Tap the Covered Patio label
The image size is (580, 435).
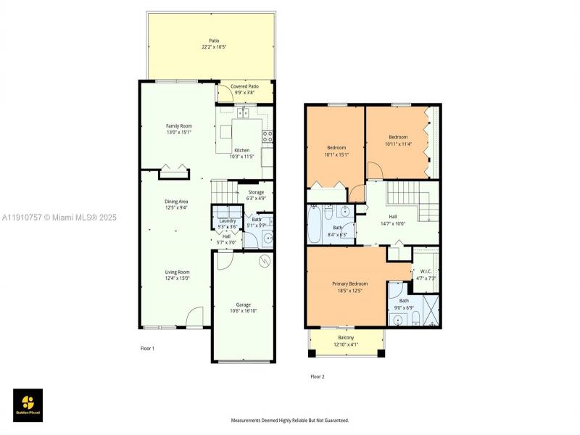tap(244, 86)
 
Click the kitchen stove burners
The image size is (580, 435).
tap(267, 135)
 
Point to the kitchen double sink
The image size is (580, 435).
tap(242, 113)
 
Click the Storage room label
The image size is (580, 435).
tap(255, 192)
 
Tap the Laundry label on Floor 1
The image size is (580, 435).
tap(227, 220)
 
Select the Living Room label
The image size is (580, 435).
tap(177, 272)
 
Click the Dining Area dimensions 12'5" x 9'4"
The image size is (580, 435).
tap(177, 207)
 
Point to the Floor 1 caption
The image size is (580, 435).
tap(147, 349)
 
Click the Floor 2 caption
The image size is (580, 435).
tap(318, 376)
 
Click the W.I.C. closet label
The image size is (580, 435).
tap(426, 272)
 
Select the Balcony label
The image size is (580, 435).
tap(346, 338)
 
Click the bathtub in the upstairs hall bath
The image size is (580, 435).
tap(314, 227)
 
